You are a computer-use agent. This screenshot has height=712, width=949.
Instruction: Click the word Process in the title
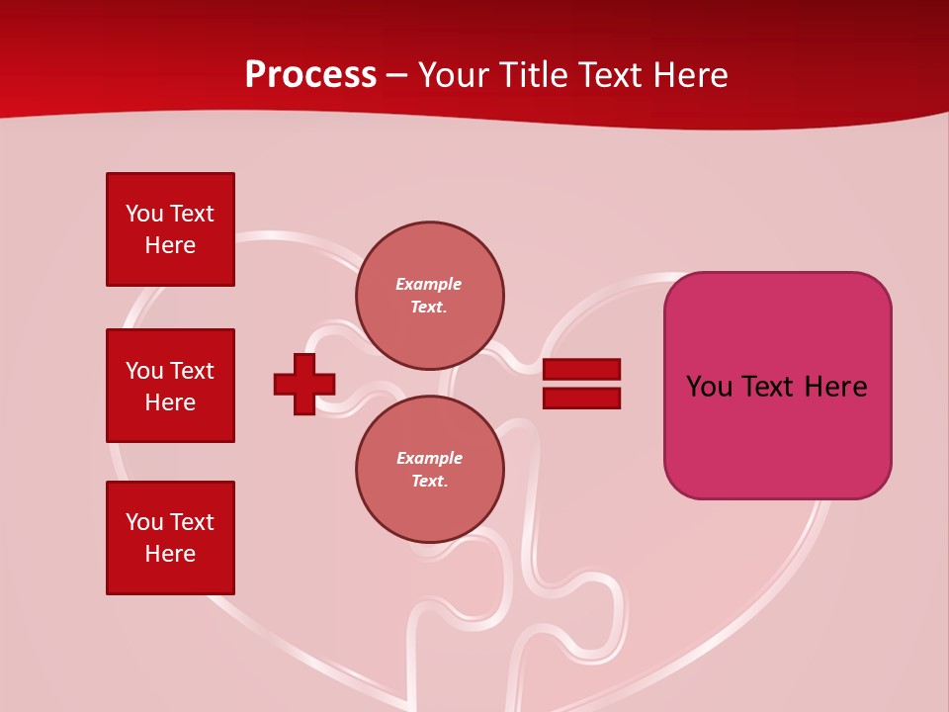pyautogui.click(x=310, y=75)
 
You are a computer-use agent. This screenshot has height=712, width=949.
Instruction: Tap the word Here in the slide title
pyautogui.click(x=688, y=75)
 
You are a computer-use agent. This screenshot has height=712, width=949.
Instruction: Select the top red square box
pyautogui.click(x=170, y=229)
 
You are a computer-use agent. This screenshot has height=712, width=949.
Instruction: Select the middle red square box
pyautogui.click(x=170, y=386)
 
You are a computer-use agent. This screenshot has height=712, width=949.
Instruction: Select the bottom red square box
pyautogui.click(x=170, y=538)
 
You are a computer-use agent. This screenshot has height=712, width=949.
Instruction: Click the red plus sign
pyautogui.click(x=304, y=384)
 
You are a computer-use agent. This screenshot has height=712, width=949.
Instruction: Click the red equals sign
pyautogui.click(x=581, y=384)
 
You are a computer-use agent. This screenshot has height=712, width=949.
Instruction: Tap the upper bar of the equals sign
pyautogui.click(x=581, y=369)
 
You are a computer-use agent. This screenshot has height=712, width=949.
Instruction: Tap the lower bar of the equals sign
pyautogui.click(x=581, y=399)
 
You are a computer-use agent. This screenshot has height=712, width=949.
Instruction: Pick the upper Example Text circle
pyautogui.click(x=430, y=296)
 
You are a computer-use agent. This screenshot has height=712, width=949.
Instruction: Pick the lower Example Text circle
pyautogui.click(x=430, y=470)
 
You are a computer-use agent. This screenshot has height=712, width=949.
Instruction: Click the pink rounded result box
pyautogui.click(x=777, y=386)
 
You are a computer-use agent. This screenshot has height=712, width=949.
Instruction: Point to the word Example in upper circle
pyautogui.click(x=429, y=284)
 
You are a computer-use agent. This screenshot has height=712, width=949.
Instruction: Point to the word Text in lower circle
pyautogui.click(x=430, y=482)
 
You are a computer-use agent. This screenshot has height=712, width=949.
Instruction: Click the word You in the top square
pyautogui.click(x=144, y=214)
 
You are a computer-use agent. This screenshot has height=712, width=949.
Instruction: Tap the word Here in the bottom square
pyautogui.click(x=170, y=554)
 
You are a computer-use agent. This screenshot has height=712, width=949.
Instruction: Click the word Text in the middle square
pyautogui.click(x=192, y=371)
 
